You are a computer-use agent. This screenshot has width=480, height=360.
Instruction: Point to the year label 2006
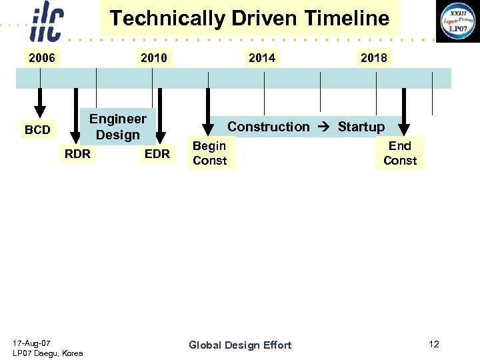point(42,58)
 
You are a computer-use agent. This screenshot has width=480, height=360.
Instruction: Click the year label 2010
point(154,58)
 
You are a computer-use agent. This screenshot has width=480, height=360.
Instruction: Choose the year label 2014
point(262,58)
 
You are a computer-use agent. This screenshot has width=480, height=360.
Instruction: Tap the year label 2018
point(373,58)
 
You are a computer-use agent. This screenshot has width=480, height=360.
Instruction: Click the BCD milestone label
point(37,130)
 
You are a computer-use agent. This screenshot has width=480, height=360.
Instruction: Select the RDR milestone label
point(77,154)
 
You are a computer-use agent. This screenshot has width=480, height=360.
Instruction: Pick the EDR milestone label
point(157,154)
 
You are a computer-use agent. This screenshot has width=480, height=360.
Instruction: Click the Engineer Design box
point(118,127)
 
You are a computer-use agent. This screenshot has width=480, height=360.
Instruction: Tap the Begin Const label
point(209,153)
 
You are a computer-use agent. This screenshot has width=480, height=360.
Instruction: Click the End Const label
point(400,153)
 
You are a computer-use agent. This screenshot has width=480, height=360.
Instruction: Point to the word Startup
point(361,127)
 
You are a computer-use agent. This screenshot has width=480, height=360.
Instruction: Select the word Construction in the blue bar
point(269,127)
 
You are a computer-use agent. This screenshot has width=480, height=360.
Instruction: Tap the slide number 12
point(434,344)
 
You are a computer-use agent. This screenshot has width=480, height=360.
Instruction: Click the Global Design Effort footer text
point(240,345)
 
